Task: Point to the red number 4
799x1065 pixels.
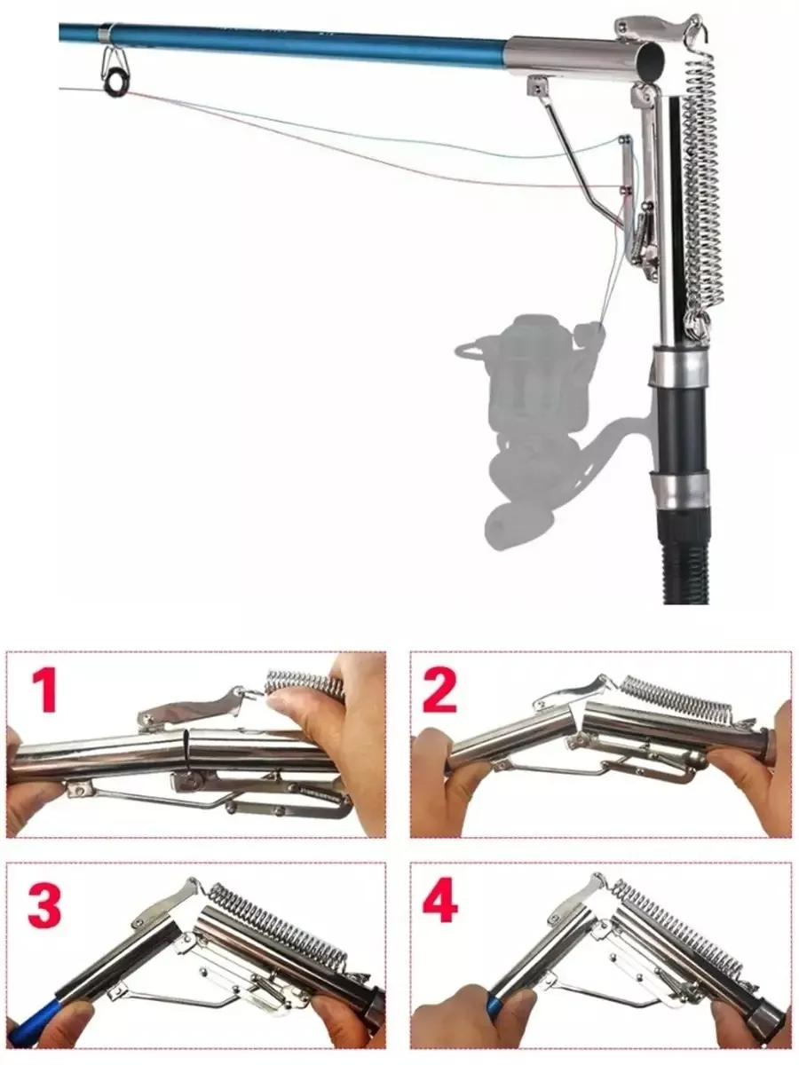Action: (440, 903)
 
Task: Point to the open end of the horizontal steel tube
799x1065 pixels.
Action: (651, 59)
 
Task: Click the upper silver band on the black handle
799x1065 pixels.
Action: (678, 365)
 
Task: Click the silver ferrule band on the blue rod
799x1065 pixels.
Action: (104, 34)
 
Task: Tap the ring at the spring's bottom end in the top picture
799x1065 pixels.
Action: (698, 321)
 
